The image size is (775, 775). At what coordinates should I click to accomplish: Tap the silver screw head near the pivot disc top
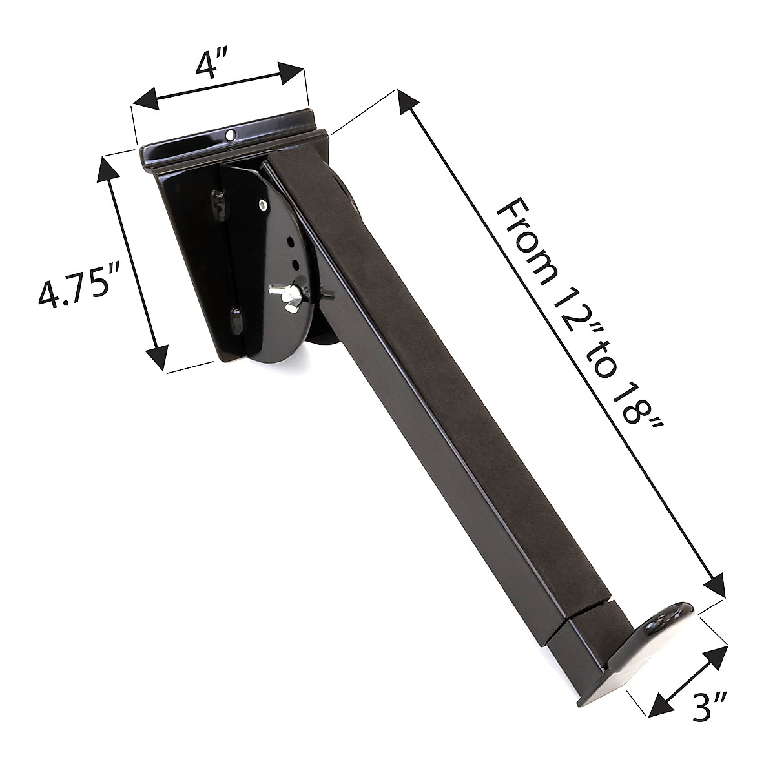pos(262,205)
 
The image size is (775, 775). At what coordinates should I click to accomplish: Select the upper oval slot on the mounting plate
pos(219,201)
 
